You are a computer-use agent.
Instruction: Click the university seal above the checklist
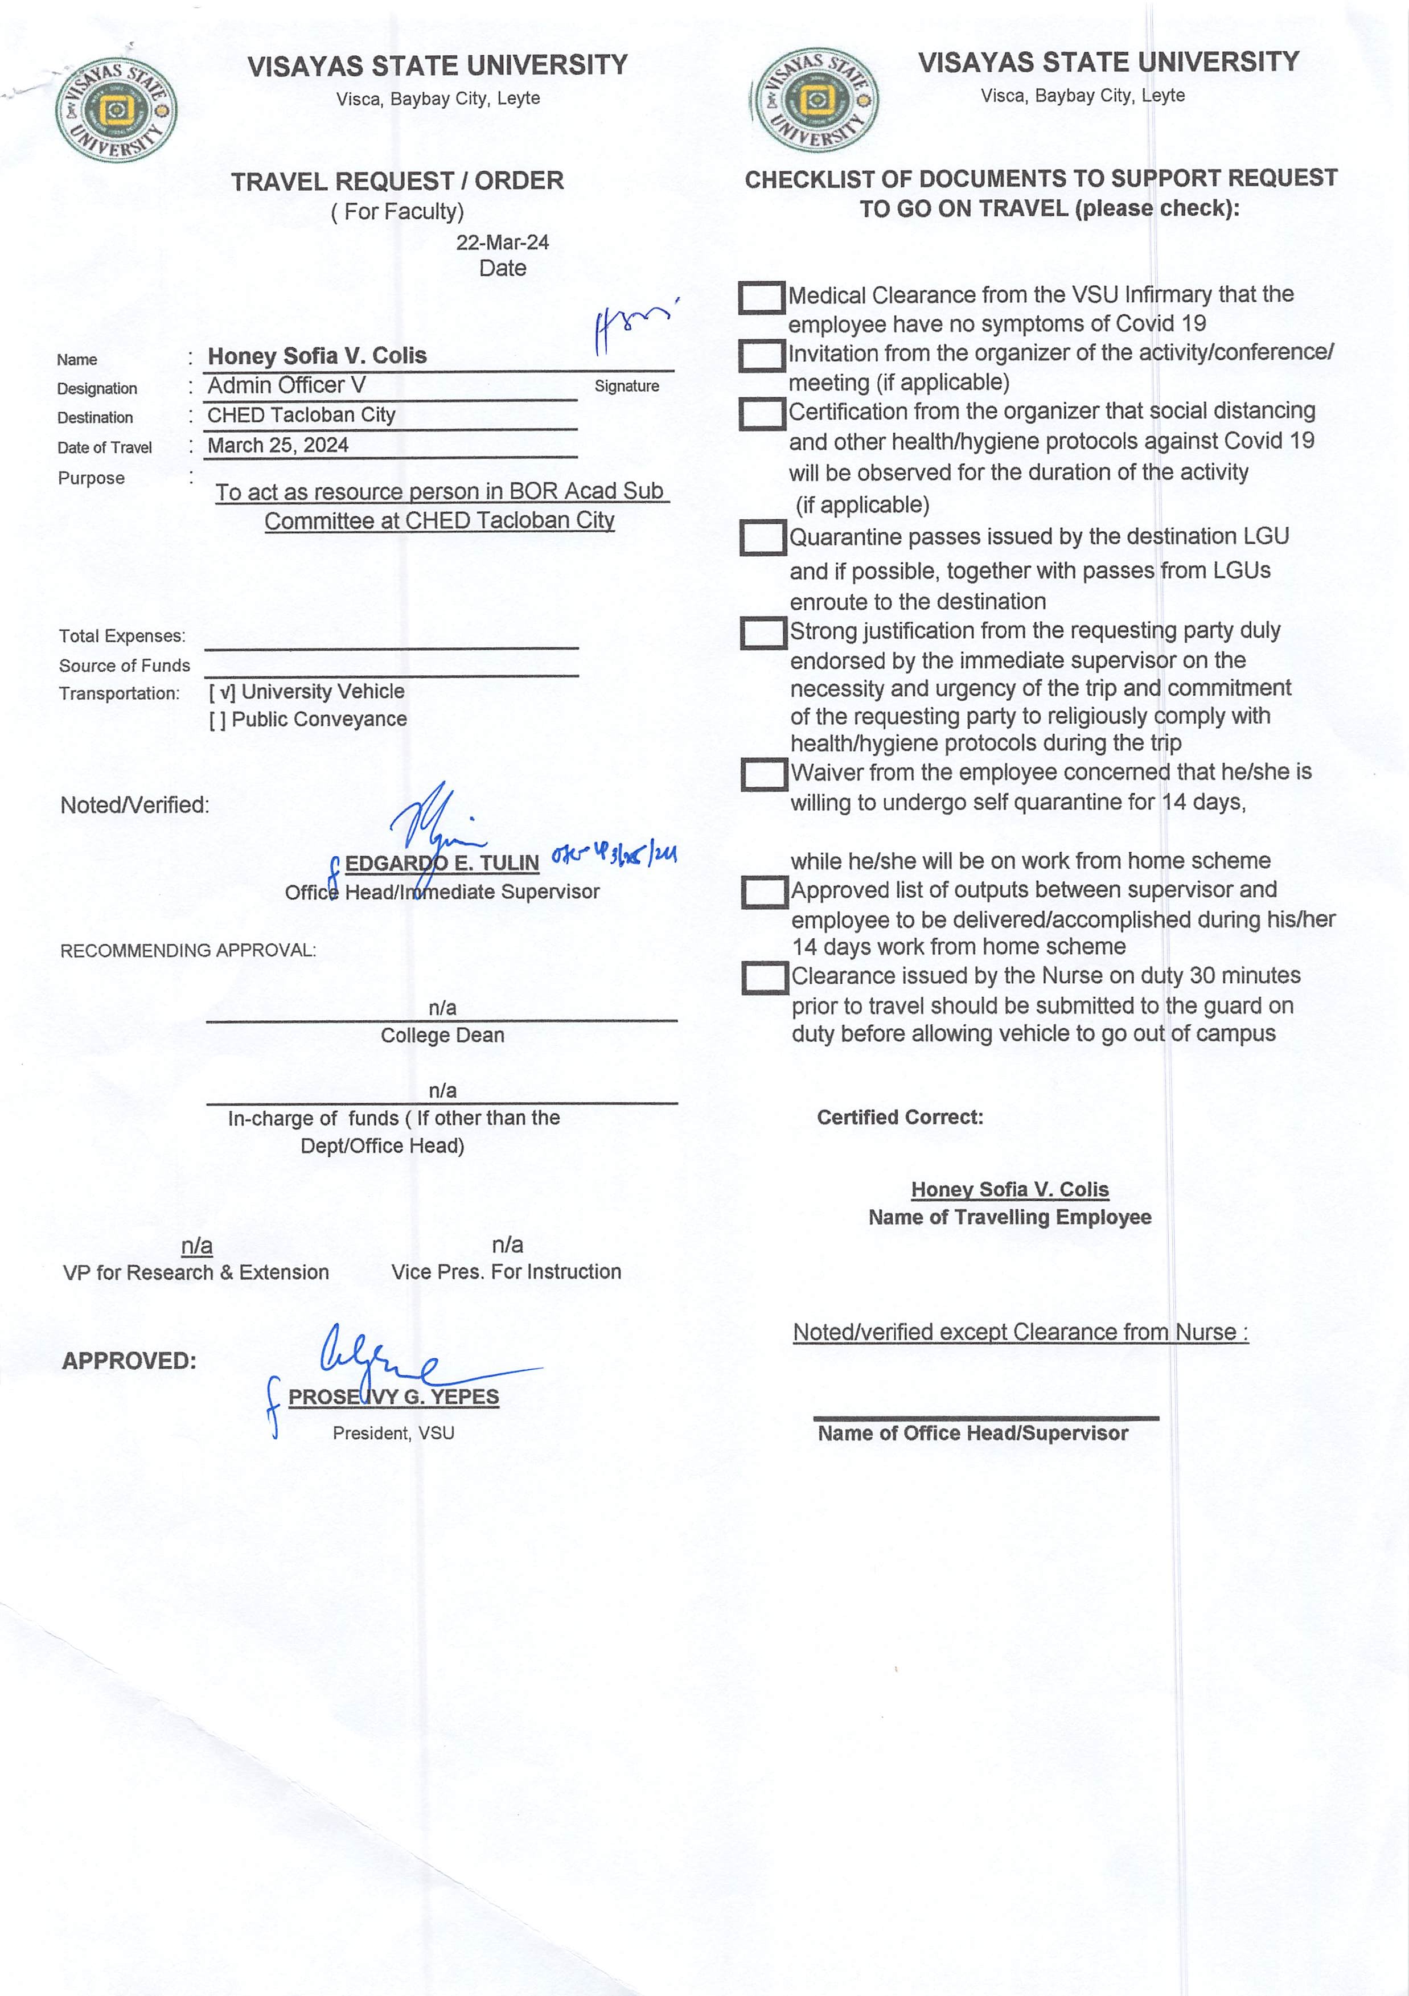coord(815,100)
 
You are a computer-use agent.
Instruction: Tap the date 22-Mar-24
coord(503,243)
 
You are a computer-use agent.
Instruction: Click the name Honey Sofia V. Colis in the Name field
coord(317,356)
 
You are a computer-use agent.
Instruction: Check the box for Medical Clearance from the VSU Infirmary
coord(762,297)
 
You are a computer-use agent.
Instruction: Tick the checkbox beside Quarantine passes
coord(762,537)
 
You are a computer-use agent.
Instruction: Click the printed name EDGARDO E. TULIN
coord(442,863)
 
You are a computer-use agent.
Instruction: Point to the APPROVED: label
coord(129,1361)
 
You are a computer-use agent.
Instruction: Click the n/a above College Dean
coord(442,1008)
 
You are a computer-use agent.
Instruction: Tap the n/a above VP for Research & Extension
coord(196,1246)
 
